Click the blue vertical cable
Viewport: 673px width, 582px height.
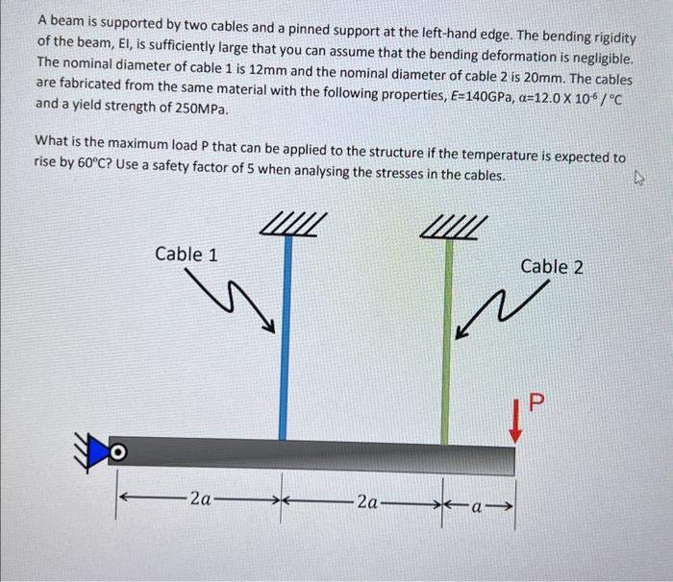coord(284,336)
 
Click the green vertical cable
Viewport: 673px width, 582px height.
coord(446,336)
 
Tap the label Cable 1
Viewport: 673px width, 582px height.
coord(186,255)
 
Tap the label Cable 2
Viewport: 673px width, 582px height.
coord(551,267)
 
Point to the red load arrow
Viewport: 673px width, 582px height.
coord(516,423)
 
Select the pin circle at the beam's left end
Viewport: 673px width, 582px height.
coord(117,450)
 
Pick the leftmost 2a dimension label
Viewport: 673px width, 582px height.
coord(201,499)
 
